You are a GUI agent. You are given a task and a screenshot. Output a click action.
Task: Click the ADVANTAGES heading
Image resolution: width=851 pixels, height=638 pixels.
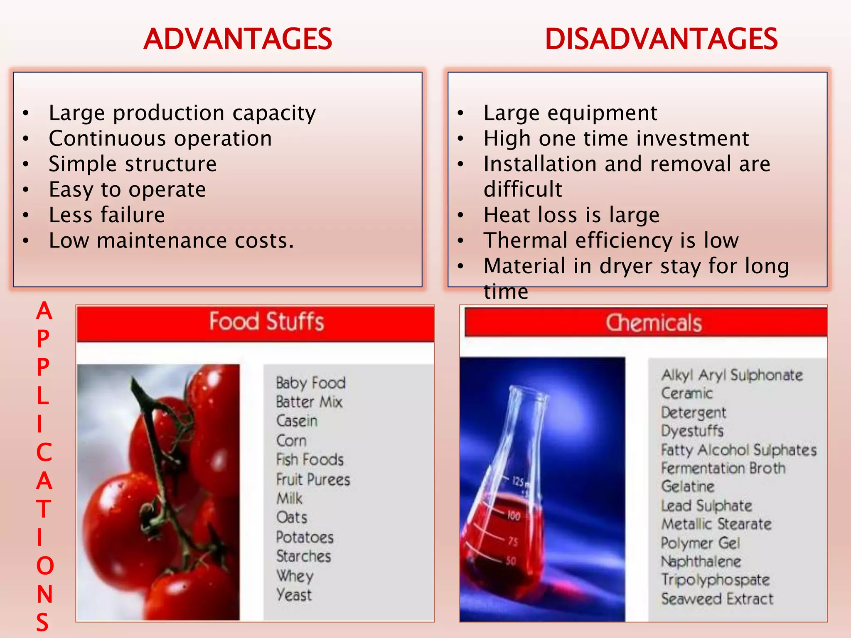(x=238, y=39)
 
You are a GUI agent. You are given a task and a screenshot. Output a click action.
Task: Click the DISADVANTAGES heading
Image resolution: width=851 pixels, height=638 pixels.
(x=661, y=39)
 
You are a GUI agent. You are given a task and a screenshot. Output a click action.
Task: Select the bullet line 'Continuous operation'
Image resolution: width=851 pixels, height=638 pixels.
(x=160, y=138)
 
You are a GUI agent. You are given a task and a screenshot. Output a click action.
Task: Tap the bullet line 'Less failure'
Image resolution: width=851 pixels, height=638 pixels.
(x=107, y=215)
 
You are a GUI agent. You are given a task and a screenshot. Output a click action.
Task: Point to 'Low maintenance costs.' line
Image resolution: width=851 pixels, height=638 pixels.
(x=171, y=240)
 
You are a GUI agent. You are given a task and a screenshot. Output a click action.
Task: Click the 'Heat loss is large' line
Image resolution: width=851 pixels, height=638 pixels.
(x=571, y=215)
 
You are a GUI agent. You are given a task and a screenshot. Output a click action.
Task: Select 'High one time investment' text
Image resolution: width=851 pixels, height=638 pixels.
(x=616, y=138)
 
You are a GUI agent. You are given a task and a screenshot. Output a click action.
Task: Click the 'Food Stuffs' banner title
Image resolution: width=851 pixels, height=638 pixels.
(x=266, y=321)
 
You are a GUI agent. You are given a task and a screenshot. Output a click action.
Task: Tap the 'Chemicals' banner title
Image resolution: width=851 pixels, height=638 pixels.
(x=654, y=323)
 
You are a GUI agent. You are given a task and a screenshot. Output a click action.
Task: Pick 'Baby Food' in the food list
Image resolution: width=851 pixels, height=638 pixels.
(x=310, y=383)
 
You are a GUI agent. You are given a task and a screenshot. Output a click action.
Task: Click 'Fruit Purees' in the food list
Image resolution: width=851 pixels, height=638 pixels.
(x=313, y=479)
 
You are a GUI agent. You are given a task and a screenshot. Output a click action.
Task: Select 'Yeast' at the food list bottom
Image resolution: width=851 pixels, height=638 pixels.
(x=294, y=595)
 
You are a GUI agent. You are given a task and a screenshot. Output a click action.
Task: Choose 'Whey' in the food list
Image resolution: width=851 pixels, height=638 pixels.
(x=295, y=576)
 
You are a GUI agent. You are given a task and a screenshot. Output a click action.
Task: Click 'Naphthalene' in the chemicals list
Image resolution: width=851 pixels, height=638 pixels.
(x=701, y=562)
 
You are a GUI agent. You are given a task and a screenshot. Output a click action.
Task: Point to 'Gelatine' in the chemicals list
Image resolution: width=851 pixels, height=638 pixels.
(x=688, y=486)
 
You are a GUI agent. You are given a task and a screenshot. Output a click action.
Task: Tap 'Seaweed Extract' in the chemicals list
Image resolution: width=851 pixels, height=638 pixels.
(x=717, y=599)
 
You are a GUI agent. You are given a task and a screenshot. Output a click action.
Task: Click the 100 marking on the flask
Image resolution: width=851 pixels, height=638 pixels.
(x=514, y=516)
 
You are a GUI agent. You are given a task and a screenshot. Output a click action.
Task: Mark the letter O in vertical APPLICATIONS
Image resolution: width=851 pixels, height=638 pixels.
(x=45, y=566)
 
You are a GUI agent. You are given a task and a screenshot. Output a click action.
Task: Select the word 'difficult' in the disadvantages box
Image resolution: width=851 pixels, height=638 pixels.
(x=523, y=189)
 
